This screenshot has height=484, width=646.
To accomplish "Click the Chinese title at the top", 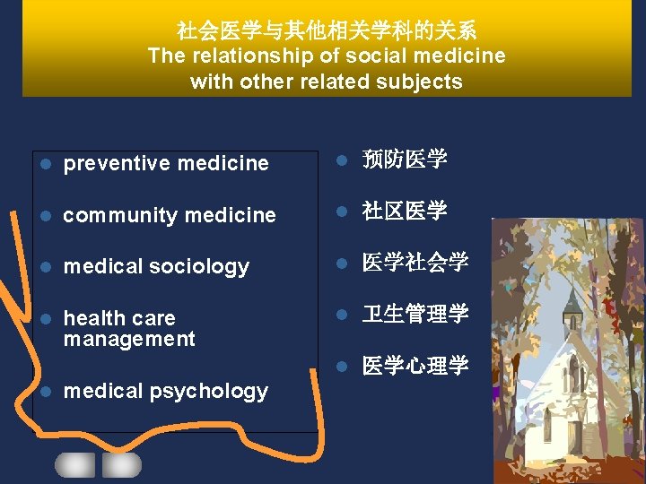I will coord(327,31).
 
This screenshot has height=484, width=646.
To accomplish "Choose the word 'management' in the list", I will coord(129,339).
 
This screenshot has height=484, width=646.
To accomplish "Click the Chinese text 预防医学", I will coord(404,160).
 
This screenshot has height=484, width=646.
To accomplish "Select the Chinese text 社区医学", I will coord(404,212).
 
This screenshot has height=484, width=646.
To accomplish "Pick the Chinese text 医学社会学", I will coord(415,263).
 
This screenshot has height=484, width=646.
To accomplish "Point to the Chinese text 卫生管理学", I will coord(415,314).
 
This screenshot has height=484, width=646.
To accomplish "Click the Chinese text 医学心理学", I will coord(415,366).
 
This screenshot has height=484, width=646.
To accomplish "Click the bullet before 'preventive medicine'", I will coord(46,164).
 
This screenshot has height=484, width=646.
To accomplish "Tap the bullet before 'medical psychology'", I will coord(46,392).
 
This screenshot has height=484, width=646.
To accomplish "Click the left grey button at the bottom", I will coord(74,464).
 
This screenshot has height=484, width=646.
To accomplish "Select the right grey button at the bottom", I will coord(122,464).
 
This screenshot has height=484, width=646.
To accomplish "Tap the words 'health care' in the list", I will coord(119,318).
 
